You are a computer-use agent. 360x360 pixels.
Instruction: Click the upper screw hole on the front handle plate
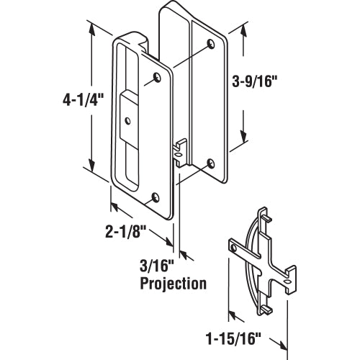(158, 76)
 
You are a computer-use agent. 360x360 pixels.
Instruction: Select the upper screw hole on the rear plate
(209, 45)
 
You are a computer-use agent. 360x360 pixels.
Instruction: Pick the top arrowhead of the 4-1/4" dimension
(91, 27)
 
